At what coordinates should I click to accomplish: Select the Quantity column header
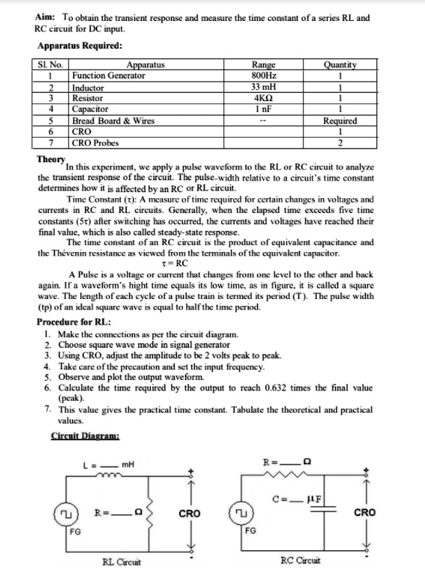pos(340,65)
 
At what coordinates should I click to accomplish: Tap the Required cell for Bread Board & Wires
pos(340,120)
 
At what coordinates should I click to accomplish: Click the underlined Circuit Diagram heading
pos(87,437)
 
